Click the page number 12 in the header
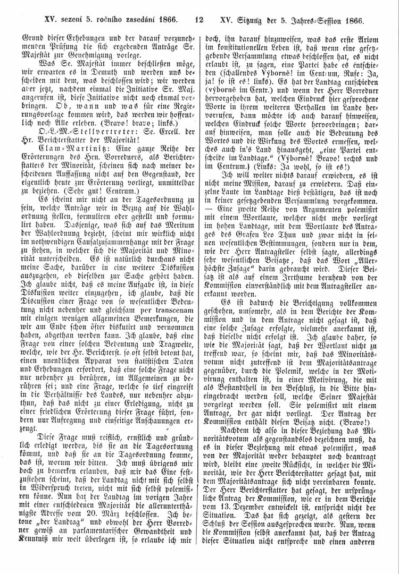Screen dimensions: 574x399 199,21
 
